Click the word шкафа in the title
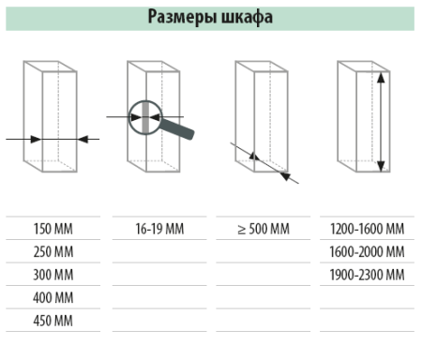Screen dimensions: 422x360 point(249,17)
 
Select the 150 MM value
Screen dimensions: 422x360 point(53,229)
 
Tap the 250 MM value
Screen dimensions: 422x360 point(53,252)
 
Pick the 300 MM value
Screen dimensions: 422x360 point(53,276)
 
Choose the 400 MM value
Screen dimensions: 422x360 point(53,299)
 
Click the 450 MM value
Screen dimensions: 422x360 point(53,322)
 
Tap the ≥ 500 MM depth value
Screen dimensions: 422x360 point(263,229)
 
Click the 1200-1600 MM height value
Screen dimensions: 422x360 point(368,229)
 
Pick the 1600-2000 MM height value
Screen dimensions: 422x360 point(368,252)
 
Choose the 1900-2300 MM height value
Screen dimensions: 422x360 point(368,276)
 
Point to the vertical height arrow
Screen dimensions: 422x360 point(381,122)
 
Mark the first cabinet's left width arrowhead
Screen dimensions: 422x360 point(36,139)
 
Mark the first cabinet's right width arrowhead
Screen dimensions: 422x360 point(82,139)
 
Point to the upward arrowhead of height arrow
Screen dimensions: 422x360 point(381,78)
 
